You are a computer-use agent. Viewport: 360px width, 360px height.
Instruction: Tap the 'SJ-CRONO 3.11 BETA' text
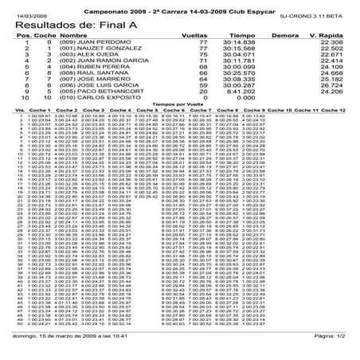coord(319,15)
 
